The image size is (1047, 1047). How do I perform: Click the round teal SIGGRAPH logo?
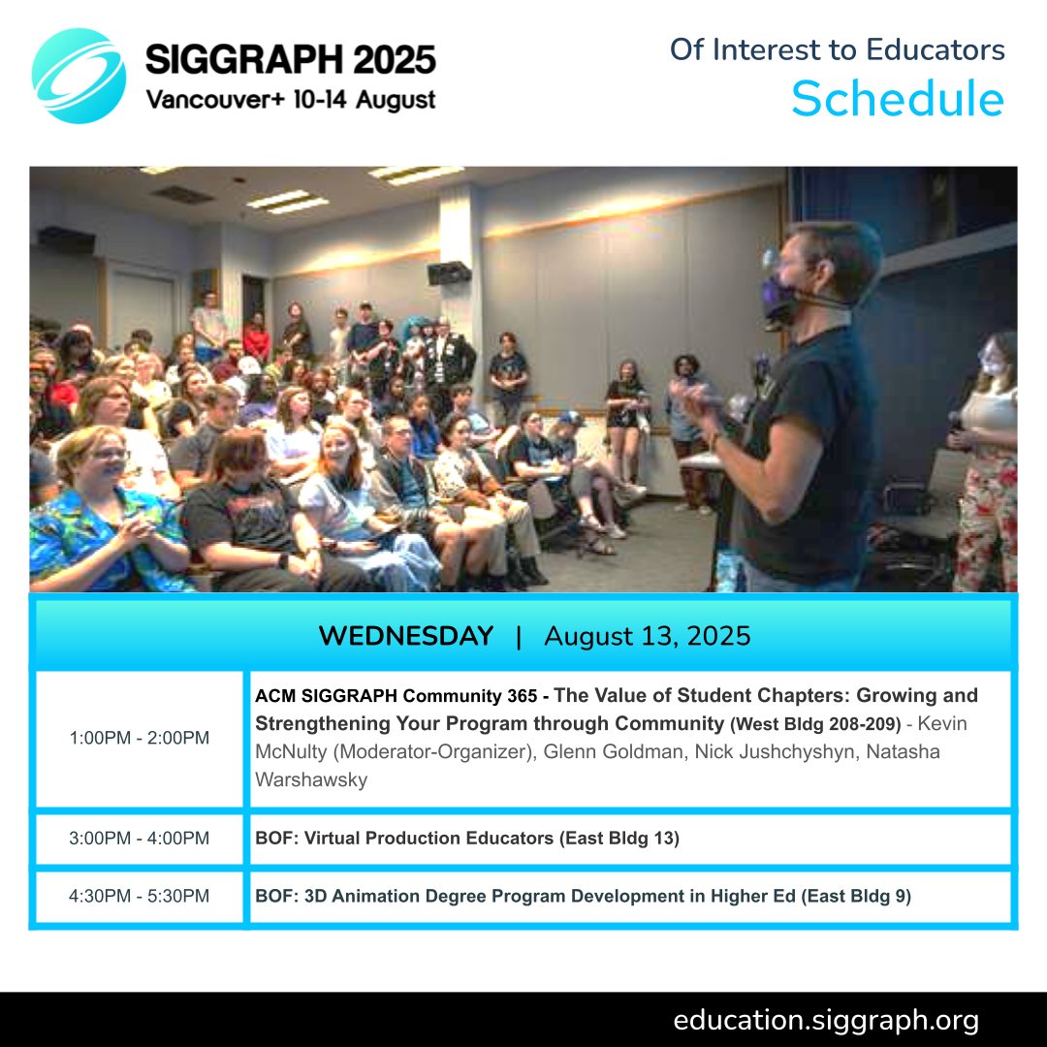79,76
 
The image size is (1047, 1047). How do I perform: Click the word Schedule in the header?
897,99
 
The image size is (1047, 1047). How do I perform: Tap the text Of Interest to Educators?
837,49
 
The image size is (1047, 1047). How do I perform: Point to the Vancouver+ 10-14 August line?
290,99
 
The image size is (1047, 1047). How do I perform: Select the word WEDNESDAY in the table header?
405,637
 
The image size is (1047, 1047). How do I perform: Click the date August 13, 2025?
648,637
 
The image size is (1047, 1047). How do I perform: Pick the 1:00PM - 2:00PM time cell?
140,738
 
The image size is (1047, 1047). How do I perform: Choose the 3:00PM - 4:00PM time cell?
140,839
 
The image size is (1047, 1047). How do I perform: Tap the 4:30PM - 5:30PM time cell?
140,897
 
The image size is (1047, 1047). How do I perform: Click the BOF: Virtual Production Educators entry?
467,839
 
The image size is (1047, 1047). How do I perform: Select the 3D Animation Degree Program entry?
583,897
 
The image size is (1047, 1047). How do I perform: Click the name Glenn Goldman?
617,751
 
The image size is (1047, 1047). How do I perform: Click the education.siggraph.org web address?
826,1020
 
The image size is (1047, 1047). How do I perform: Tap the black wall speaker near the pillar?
449,272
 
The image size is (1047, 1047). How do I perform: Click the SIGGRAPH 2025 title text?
290,60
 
